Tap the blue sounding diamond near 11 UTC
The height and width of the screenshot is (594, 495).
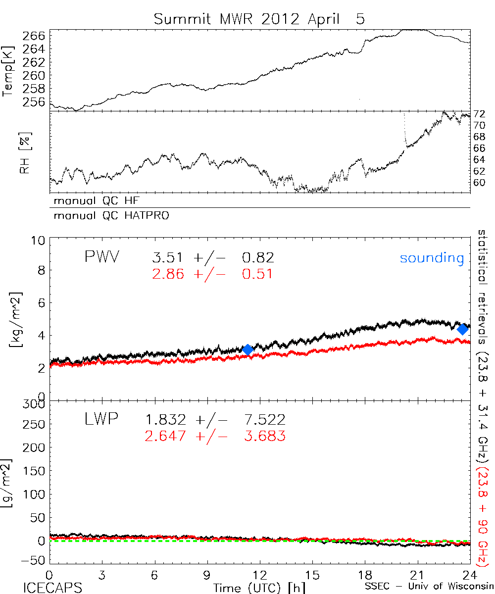(248, 349)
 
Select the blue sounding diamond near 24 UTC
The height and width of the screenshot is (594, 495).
(463, 329)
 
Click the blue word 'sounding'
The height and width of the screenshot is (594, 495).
(432, 258)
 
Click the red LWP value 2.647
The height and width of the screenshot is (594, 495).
(165, 436)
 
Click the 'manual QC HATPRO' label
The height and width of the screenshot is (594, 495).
(108, 216)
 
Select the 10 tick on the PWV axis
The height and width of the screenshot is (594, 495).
(40, 241)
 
